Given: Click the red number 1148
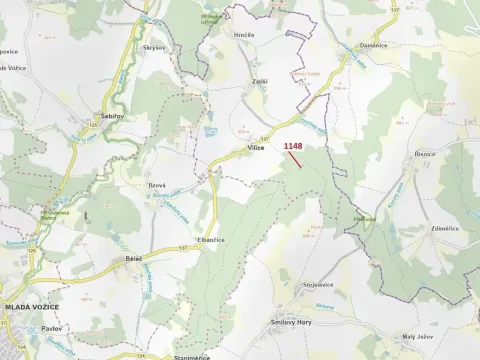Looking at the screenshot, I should click(x=292, y=146).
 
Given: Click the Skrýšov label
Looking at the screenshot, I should click(x=153, y=48).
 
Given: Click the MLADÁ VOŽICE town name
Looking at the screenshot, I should click(x=32, y=306).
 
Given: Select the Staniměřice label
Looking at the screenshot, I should click(x=191, y=356).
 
